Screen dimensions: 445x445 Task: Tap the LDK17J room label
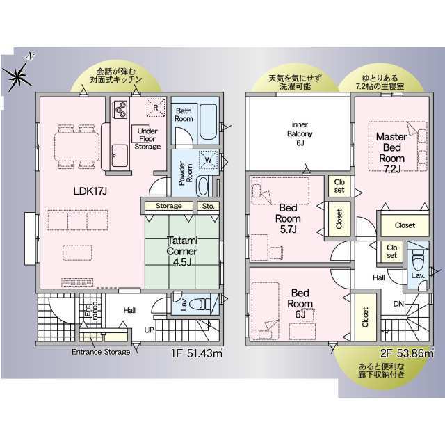(90, 191)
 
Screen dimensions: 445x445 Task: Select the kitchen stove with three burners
(120, 109)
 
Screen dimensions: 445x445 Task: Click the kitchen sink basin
(120, 156)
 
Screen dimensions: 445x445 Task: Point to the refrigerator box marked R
(156, 107)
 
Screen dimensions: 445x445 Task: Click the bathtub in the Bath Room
(209, 122)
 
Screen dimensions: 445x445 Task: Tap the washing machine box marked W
(209, 160)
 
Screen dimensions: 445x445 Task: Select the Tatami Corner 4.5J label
(182, 252)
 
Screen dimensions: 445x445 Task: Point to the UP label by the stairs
(149, 330)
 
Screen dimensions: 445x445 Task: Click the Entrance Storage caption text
(101, 352)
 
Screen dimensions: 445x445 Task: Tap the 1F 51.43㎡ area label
(196, 353)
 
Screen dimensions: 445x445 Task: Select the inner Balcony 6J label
(300, 133)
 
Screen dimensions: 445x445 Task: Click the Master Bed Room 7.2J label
(391, 153)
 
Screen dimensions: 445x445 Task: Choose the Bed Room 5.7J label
(288, 218)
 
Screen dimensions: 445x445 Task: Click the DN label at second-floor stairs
(398, 304)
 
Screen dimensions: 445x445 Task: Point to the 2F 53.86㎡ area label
(407, 353)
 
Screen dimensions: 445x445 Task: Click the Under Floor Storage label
(147, 139)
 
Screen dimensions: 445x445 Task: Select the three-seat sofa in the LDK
(77, 220)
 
